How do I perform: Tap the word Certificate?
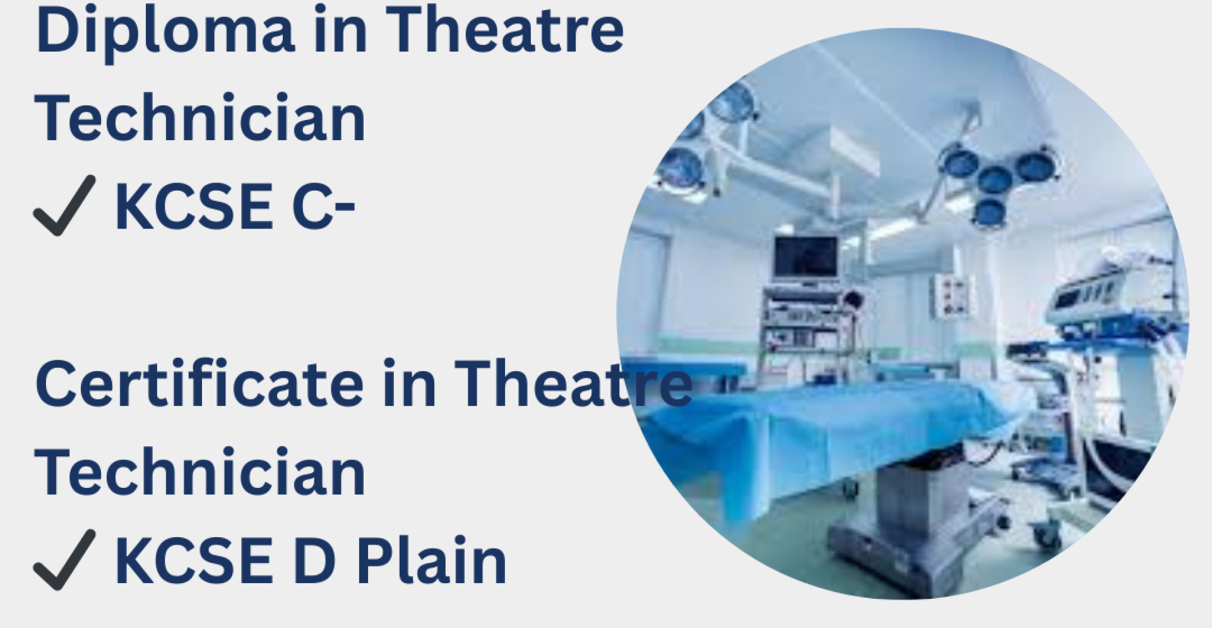(199, 384)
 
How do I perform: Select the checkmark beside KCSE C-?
(64, 206)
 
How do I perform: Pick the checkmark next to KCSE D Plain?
(64, 560)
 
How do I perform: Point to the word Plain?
(431, 561)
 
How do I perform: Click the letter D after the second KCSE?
(314, 560)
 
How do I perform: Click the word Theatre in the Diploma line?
(504, 30)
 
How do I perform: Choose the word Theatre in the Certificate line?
(573, 384)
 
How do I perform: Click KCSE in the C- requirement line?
(194, 207)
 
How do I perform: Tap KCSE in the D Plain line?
(194, 560)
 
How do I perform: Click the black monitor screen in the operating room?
(806, 256)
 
